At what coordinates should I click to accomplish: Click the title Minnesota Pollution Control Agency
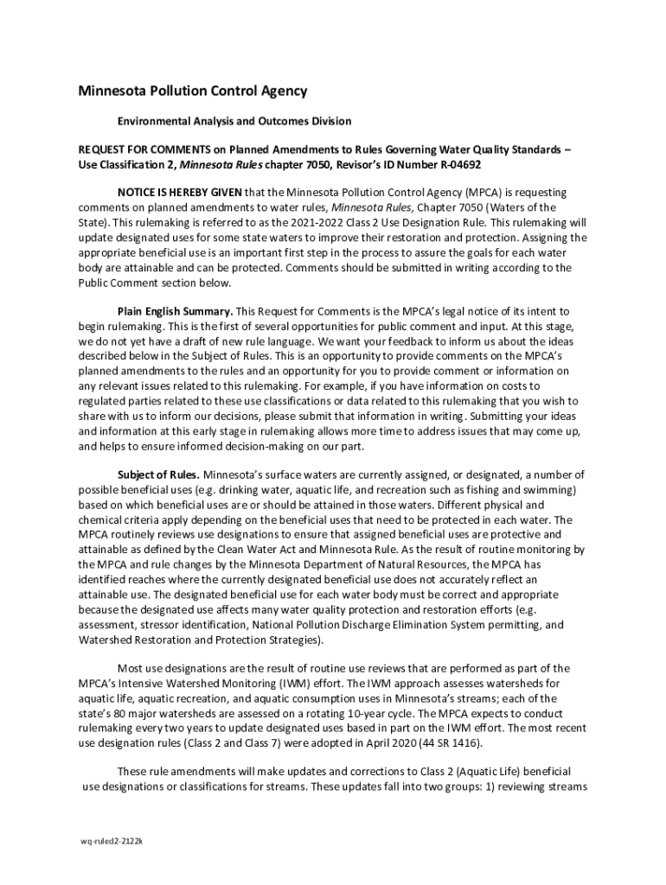pyautogui.click(x=193, y=92)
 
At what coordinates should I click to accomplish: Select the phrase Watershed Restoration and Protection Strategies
pyautogui.click(x=200, y=640)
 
